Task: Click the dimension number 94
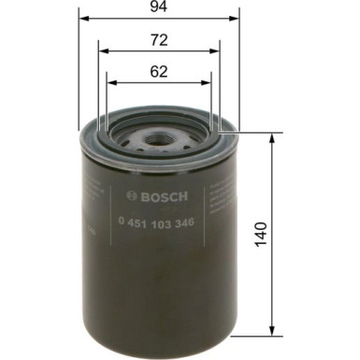(158, 11)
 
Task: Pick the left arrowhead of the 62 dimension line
(108, 80)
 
